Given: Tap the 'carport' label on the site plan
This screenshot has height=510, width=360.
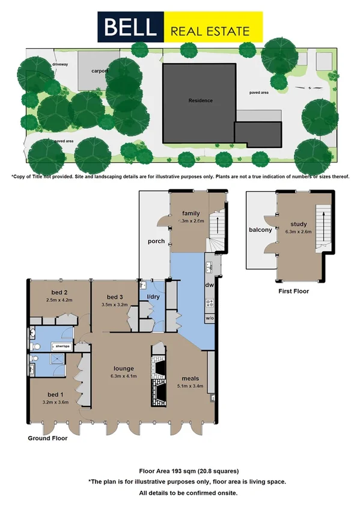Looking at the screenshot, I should coord(100,70).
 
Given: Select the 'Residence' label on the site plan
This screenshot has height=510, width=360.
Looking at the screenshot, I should coord(200,100).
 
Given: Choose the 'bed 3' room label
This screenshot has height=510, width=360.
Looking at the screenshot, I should coord(115,297).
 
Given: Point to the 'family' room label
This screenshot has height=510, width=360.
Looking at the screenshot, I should coord(191,213).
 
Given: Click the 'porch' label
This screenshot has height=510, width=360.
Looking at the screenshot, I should coord(156,242).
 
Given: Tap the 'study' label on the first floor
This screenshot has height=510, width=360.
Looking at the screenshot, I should coord(298,224).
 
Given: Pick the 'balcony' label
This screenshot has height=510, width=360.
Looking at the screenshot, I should coord(260,229).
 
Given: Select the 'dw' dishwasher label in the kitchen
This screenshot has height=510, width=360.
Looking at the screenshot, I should coord(210,286).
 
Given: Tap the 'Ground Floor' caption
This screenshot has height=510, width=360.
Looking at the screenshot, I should coord(47,438).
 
